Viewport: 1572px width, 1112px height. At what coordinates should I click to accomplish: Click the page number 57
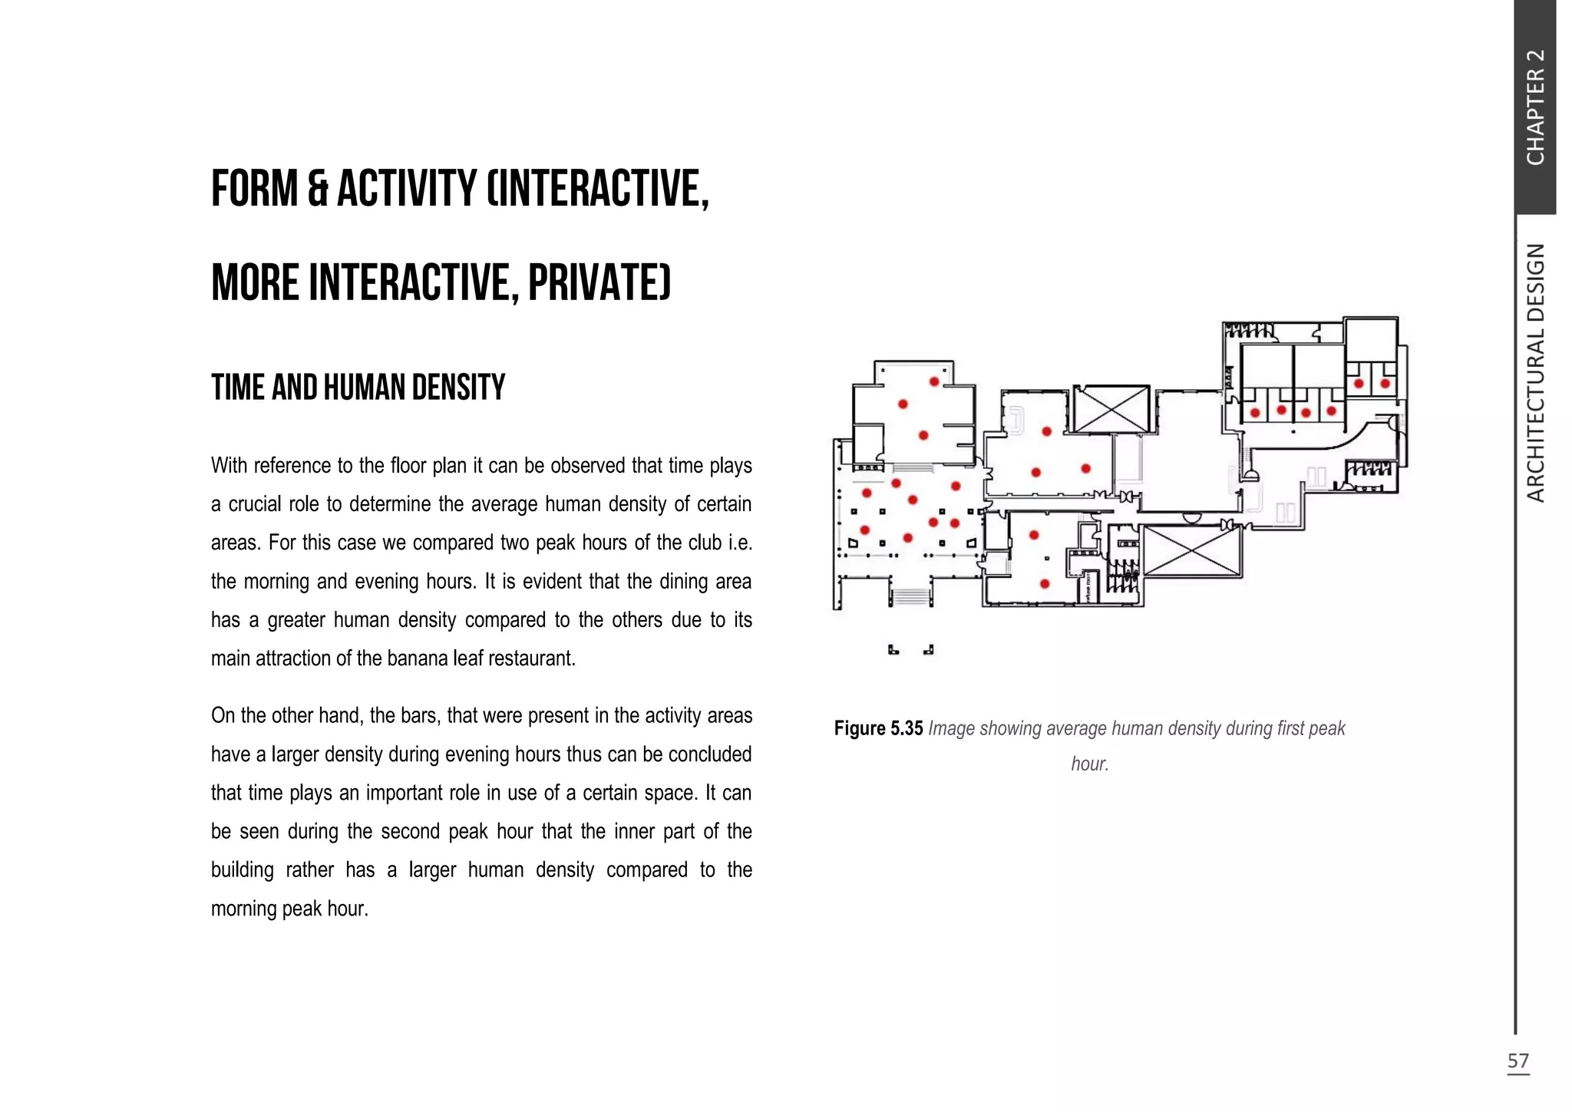pyautogui.click(x=1518, y=1061)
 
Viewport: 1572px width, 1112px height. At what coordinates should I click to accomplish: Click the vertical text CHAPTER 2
pyautogui.click(x=1535, y=107)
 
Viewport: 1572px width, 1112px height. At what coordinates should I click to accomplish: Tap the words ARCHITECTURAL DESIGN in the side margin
pyautogui.click(x=1535, y=373)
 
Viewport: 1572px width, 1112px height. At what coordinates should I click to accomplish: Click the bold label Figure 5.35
pyautogui.click(x=878, y=728)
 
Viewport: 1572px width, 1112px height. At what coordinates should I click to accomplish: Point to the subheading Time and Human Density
pyautogui.click(x=358, y=388)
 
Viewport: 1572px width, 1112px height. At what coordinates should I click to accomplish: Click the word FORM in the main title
pyautogui.click(x=254, y=189)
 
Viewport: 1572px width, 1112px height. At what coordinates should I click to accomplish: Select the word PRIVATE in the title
pyautogui.click(x=599, y=282)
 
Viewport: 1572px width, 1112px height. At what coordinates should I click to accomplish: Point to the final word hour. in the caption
pyautogui.click(x=1090, y=764)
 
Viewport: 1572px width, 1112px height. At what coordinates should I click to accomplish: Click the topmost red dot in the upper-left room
pyautogui.click(x=934, y=381)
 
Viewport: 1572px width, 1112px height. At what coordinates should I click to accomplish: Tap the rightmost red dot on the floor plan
pyautogui.click(x=1385, y=384)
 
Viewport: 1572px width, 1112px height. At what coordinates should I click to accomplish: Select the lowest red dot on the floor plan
pyautogui.click(x=1045, y=584)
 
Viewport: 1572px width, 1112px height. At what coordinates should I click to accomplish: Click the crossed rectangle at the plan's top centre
pyautogui.click(x=1111, y=409)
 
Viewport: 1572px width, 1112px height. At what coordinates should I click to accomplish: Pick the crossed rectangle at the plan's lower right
pyautogui.click(x=1191, y=551)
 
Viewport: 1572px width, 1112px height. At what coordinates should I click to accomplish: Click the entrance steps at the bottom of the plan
pyautogui.click(x=912, y=596)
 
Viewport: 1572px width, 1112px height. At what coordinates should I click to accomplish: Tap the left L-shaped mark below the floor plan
pyautogui.click(x=893, y=650)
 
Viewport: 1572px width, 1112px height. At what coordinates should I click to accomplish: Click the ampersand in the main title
pyautogui.click(x=318, y=189)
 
